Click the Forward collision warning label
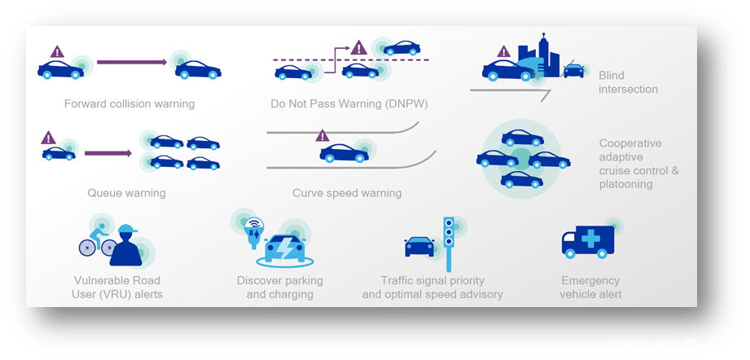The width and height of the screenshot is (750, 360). click(129, 103)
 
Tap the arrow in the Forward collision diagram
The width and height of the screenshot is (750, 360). click(131, 62)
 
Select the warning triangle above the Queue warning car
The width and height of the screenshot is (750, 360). click(48, 138)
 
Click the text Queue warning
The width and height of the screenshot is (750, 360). click(126, 193)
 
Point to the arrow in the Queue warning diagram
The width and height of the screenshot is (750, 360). click(107, 152)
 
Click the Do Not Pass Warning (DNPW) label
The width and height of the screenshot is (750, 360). click(349, 103)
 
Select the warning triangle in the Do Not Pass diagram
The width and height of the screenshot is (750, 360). click(358, 48)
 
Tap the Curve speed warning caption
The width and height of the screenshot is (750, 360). click(347, 193)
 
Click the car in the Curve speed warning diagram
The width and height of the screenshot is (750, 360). click(343, 152)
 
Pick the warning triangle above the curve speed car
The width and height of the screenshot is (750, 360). click(322, 135)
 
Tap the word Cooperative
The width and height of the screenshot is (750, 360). click(630, 143)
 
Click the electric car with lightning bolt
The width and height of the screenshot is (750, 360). click(285, 247)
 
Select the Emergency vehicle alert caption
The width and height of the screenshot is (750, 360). click(590, 287)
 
